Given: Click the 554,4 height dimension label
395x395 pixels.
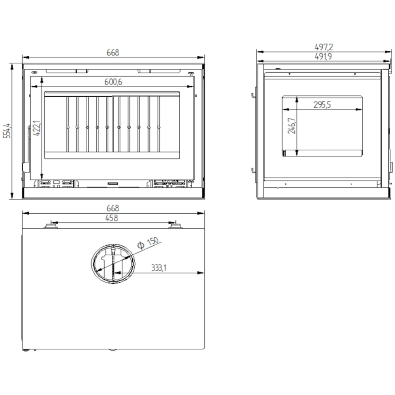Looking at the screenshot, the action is coord(7,130).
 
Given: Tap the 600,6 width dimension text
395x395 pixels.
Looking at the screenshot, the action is coord(113,82).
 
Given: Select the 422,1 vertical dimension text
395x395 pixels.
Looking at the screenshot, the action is coord(37,128).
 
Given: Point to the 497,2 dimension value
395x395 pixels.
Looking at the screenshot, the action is coord(324,47).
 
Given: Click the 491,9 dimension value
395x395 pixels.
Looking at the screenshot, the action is coord(323,56).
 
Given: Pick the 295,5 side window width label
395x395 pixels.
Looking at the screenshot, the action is coord(322,105).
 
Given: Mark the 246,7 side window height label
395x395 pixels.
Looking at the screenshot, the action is coord(292,126).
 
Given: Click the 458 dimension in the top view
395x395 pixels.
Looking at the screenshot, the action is coord(112,218).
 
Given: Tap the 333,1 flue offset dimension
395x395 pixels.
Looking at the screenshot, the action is coord(159,267).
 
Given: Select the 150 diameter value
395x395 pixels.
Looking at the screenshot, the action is coord(152,241).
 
